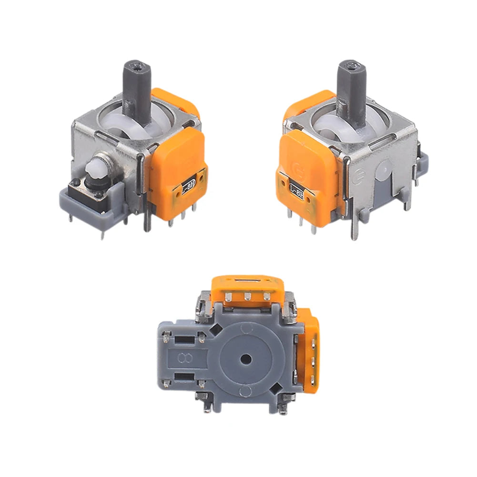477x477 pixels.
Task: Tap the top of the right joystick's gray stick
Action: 352,65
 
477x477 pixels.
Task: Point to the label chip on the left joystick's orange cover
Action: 187,187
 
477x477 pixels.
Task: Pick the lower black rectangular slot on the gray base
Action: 183,377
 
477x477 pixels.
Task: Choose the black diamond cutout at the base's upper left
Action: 214,328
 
